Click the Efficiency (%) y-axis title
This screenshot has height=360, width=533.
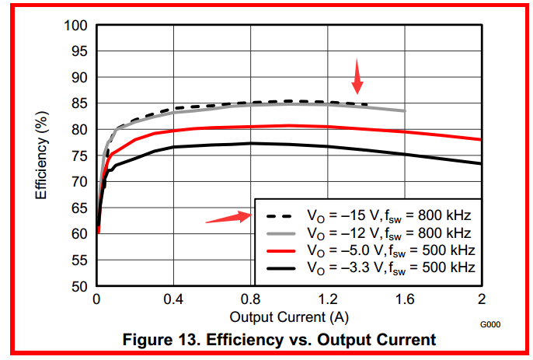[44, 156]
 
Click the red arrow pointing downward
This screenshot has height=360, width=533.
[357, 75]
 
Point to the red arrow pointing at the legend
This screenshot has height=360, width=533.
[228, 218]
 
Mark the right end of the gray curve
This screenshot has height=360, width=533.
[404, 110]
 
